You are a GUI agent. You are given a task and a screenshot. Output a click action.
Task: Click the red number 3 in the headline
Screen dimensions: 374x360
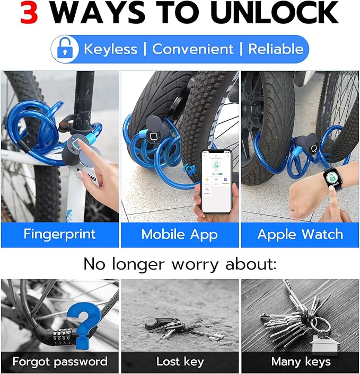point(29,13)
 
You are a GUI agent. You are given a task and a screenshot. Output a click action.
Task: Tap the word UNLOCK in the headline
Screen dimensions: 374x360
point(274,13)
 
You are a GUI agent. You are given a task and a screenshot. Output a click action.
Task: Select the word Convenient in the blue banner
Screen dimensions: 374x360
point(192,49)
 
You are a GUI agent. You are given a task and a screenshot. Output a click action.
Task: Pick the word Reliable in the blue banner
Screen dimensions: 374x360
point(276,49)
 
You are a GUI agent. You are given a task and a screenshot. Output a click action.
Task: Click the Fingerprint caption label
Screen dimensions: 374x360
point(59,234)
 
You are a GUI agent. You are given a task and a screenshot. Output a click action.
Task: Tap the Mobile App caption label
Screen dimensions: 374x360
point(179,234)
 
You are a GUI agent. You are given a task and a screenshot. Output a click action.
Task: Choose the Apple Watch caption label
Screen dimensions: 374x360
point(300,234)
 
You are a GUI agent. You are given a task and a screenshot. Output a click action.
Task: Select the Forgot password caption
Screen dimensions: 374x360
point(59,362)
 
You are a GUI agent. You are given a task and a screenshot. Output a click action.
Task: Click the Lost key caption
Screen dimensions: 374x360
point(180,362)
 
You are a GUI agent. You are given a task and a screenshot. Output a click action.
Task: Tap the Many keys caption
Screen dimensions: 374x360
point(301,362)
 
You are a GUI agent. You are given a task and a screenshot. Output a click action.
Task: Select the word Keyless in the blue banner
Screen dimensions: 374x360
point(110,49)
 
